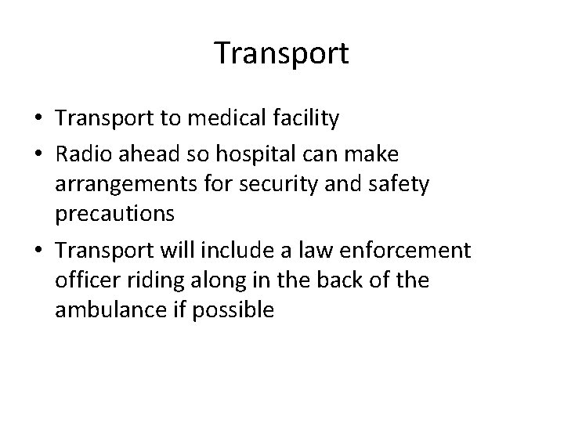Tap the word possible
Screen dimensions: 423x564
point(233,309)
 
